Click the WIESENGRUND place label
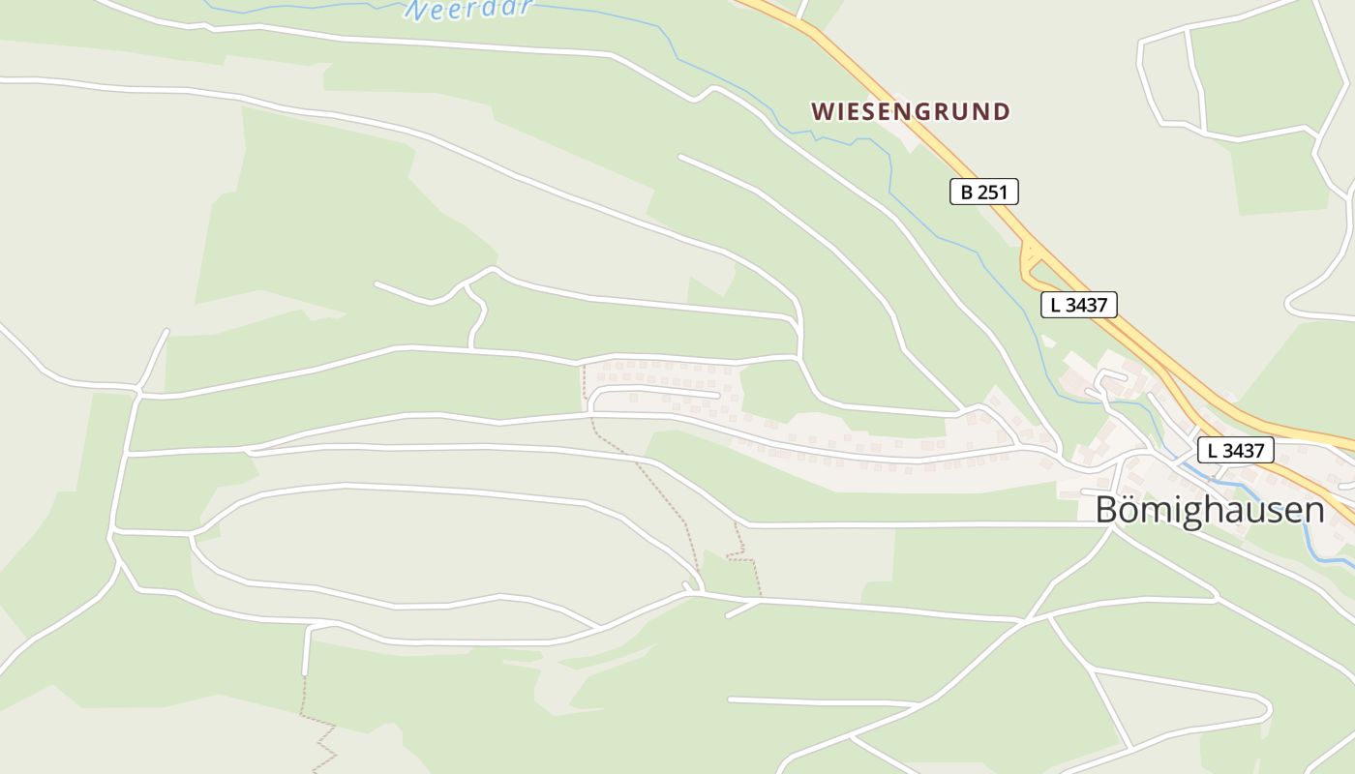point(910,112)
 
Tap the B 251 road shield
point(983,192)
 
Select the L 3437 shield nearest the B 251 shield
point(1079,305)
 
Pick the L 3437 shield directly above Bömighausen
point(1235,450)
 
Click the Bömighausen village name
point(1209,510)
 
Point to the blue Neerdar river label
point(469,9)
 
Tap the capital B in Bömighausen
point(1107,510)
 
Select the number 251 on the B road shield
point(992,192)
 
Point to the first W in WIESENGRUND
point(823,112)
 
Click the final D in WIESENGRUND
point(1001,112)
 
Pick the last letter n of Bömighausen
point(1313,512)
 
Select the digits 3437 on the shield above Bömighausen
point(1244,450)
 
